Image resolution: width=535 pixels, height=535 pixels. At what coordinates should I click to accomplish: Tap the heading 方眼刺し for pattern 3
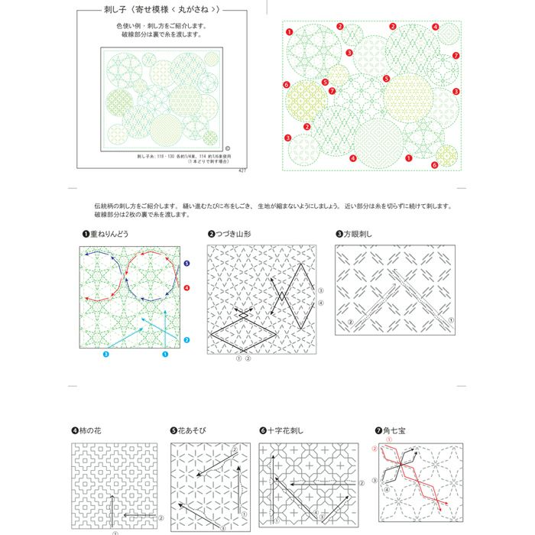point(358,234)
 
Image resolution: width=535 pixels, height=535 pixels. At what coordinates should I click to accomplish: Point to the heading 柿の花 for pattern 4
point(90,431)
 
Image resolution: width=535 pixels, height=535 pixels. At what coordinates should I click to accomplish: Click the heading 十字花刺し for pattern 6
point(286,431)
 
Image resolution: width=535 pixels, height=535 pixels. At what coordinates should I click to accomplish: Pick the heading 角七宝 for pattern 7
point(396,431)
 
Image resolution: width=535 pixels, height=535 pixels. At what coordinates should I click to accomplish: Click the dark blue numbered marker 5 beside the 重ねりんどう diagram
point(186,263)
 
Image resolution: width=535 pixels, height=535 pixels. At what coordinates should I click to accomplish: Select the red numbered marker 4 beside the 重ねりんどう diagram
point(186,288)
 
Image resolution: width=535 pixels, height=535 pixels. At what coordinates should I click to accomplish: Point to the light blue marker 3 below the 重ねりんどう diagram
point(106,355)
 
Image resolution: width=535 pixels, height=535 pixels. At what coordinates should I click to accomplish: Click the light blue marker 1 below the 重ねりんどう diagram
point(164,355)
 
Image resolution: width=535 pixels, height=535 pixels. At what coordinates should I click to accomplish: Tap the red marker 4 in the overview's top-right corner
point(435,27)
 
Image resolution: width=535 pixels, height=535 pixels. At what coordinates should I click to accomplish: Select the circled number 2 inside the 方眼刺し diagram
point(350,323)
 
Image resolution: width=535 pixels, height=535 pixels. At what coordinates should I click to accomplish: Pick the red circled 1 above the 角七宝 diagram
point(388,440)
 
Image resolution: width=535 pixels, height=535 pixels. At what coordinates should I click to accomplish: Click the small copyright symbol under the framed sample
point(227,149)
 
